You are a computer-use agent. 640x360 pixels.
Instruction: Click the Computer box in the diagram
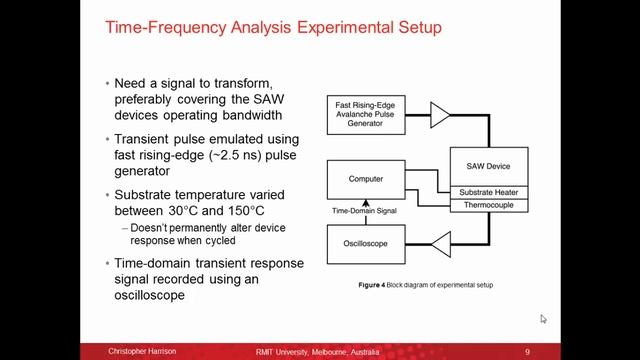pyautogui.click(x=366, y=180)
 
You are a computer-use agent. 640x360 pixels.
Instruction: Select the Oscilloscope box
pyautogui.click(x=366, y=243)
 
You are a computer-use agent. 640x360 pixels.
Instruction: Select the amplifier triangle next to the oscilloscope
pyautogui.click(x=440, y=243)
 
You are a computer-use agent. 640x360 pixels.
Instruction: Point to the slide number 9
pyautogui.click(x=526, y=352)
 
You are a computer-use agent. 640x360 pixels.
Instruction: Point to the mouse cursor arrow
pyautogui.click(x=543, y=318)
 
